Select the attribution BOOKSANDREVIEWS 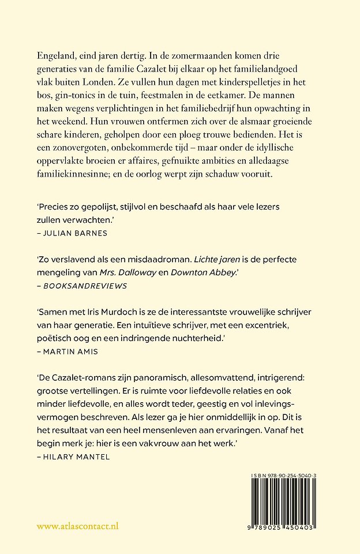(83, 285)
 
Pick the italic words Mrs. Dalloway (113, 272)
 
